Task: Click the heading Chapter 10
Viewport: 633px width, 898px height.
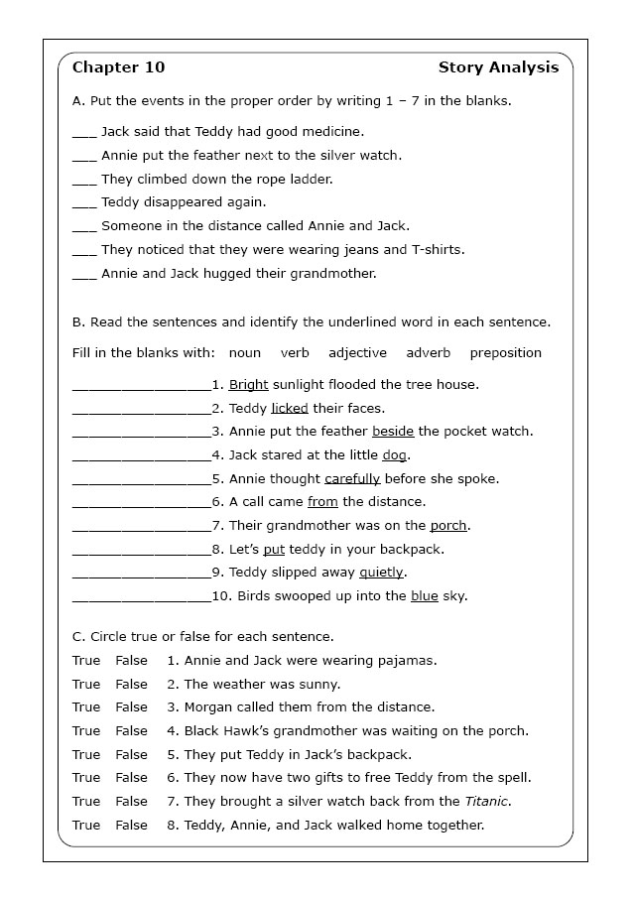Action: pyautogui.click(x=118, y=67)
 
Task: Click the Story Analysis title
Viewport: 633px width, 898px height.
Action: pyautogui.click(x=498, y=67)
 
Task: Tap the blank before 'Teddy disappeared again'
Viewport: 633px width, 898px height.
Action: pyautogui.click(x=84, y=202)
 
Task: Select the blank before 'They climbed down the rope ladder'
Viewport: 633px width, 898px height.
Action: pyautogui.click(x=84, y=179)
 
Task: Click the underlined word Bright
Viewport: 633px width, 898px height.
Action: pyautogui.click(x=248, y=384)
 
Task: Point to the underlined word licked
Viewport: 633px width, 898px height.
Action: pyautogui.click(x=290, y=408)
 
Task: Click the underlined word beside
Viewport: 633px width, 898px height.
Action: pyautogui.click(x=393, y=432)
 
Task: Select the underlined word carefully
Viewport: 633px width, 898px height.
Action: pyautogui.click(x=352, y=478)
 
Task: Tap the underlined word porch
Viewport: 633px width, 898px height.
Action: pyautogui.click(x=448, y=526)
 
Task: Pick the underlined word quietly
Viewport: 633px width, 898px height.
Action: pyautogui.click(x=381, y=573)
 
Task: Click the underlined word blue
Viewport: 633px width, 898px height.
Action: pyautogui.click(x=424, y=596)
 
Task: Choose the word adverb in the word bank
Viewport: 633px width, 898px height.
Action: pyautogui.click(x=428, y=352)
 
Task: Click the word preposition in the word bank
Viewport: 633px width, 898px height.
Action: pyautogui.click(x=505, y=352)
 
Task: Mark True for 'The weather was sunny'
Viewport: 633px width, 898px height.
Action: pyautogui.click(x=86, y=684)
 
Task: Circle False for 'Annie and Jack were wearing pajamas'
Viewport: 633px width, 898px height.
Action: pyautogui.click(x=131, y=660)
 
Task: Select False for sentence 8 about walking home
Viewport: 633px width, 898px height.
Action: pyautogui.click(x=131, y=825)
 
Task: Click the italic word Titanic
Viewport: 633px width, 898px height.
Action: pyautogui.click(x=486, y=801)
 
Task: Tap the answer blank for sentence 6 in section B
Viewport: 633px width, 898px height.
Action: pyautogui.click(x=141, y=502)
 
